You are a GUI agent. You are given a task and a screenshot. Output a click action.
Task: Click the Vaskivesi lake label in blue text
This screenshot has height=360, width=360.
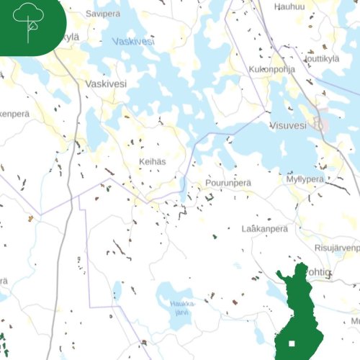click(133, 42)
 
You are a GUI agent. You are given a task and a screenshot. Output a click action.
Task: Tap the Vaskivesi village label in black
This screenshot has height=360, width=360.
click(106, 84)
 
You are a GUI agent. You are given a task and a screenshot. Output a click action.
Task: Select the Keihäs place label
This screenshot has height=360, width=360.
click(153, 162)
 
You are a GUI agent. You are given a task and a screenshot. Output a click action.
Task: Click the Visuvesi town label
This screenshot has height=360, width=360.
click(288, 125)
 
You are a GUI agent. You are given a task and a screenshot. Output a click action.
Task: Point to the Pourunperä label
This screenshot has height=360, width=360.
click(228, 183)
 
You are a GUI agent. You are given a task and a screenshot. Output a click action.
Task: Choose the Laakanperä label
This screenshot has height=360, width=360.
click(264, 228)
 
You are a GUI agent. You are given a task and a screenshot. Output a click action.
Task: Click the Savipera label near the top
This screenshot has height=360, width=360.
click(102, 14)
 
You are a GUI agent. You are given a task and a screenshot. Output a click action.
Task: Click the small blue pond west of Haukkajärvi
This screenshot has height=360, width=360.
click(117, 290)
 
